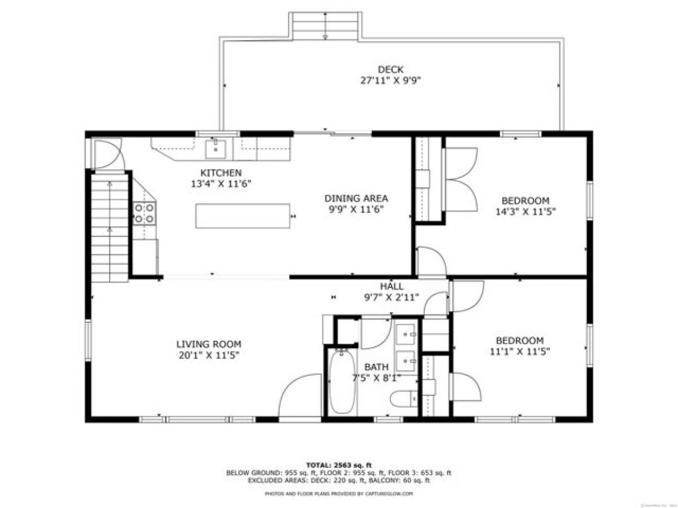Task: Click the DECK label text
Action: (x=390, y=69)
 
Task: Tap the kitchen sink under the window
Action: (x=215, y=150)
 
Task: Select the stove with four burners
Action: (x=145, y=213)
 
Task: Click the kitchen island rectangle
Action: (x=242, y=216)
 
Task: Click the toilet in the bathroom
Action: (x=404, y=398)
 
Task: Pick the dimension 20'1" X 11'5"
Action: (x=208, y=354)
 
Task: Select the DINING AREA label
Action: (x=356, y=198)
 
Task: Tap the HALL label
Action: (x=392, y=286)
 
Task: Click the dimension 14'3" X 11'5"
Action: (x=525, y=212)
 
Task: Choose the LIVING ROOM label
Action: (x=208, y=343)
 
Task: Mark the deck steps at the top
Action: (x=325, y=27)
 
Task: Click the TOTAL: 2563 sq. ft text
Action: (x=339, y=465)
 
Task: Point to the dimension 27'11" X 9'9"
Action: (x=390, y=80)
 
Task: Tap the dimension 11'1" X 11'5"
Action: (x=520, y=351)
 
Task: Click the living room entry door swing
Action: (x=300, y=395)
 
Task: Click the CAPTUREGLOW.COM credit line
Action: (x=339, y=493)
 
